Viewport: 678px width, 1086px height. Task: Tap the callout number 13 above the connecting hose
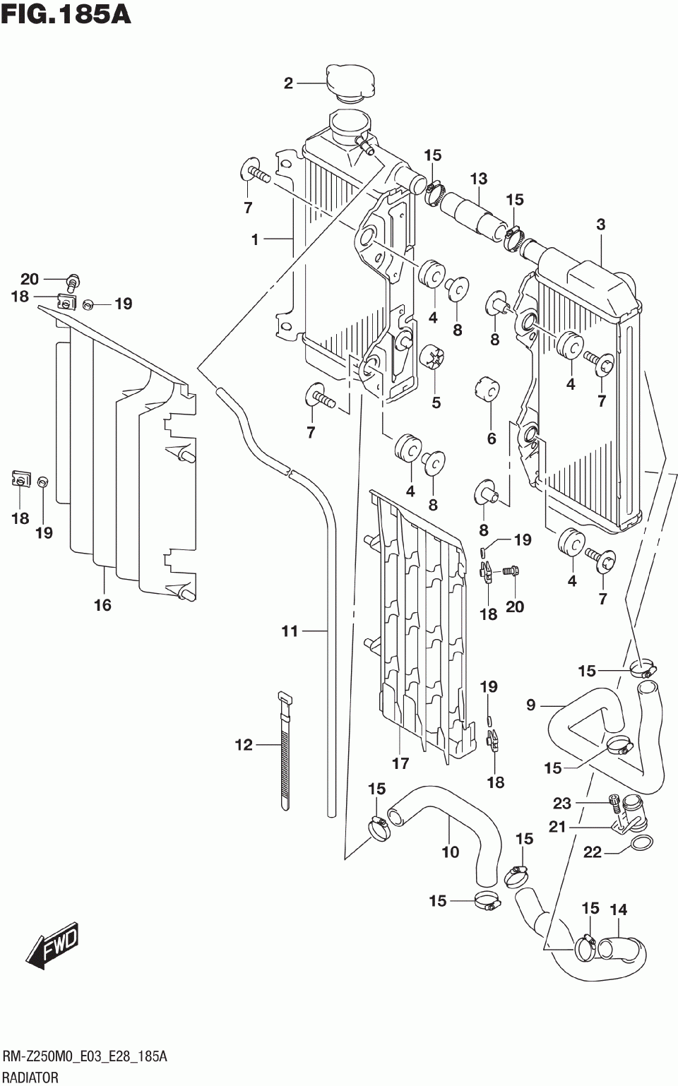click(478, 179)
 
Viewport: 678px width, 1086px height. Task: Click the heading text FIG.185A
click(66, 14)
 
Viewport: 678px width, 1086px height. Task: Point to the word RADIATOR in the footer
click(30, 1078)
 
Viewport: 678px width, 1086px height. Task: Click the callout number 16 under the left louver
click(103, 605)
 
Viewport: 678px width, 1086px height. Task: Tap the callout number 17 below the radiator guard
click(400, 763)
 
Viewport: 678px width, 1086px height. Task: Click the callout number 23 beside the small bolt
click(562, 804)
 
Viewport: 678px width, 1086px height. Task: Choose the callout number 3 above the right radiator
click(601, 225)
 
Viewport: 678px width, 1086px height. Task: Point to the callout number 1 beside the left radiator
click(255, 239)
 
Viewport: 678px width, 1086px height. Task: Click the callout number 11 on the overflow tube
click(290, 631)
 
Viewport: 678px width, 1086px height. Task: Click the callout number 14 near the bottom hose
click(619, 909)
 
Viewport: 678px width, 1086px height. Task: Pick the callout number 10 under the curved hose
click(451, 852)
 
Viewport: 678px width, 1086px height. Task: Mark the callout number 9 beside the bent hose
click(530, 705)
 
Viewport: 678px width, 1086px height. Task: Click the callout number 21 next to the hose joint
click(558, 827)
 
